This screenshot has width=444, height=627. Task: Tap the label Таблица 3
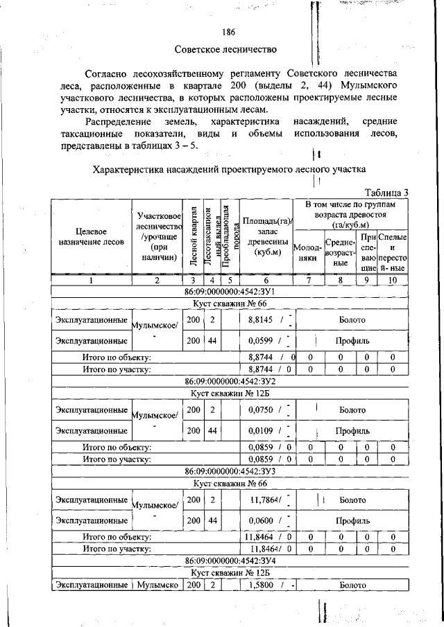pos(387,192)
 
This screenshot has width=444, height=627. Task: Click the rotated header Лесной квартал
pos(194,236)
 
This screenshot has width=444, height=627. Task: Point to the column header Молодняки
pos(307,252)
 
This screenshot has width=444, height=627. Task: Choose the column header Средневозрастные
pos(340,252)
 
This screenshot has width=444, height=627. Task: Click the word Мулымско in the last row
pos(157,585)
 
